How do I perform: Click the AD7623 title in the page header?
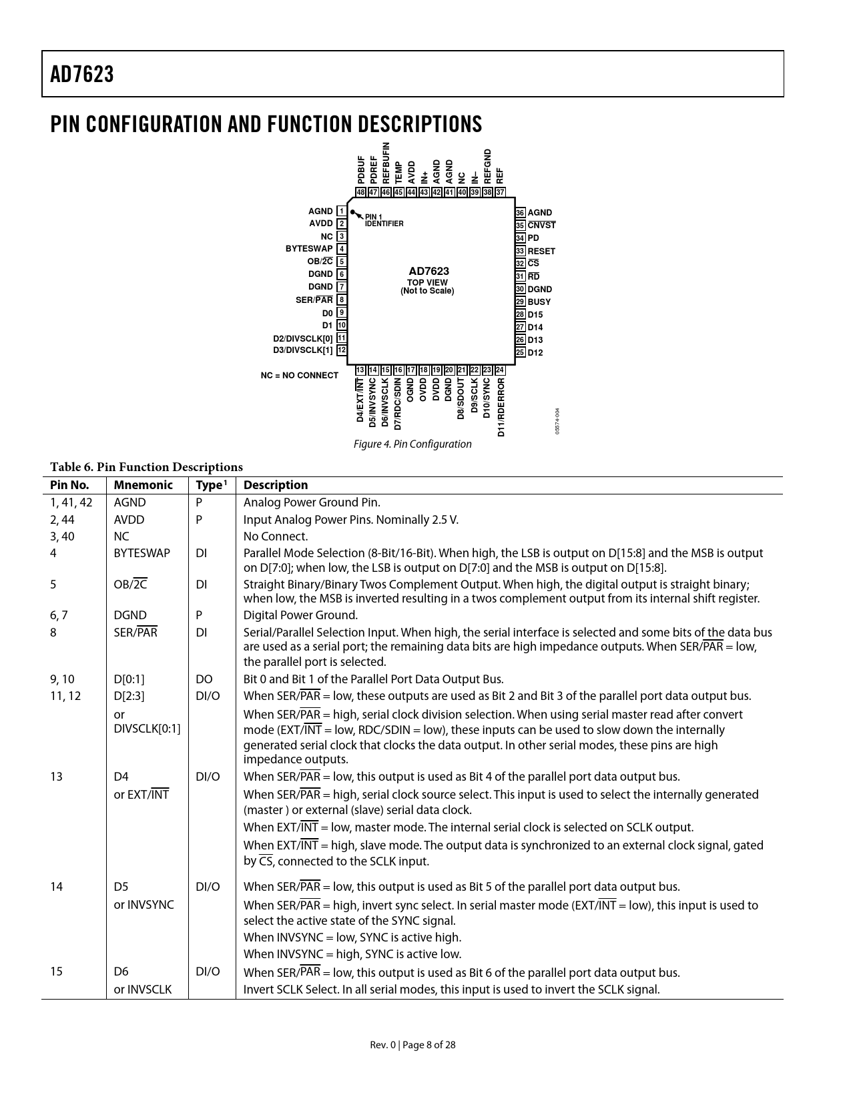click(x=82, y=75)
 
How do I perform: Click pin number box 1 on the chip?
click(x=342, y=212)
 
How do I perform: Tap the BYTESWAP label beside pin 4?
click(x=309, y=249)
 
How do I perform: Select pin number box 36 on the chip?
click(x=520, y=213)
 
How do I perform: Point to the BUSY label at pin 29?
click(x=539, y=302)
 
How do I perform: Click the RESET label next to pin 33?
click(x=541, y=252)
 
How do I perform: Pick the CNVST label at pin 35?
click(x=541, y=226)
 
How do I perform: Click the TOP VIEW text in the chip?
click(x=427, y=283)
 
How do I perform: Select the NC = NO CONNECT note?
click(x=299, y=376)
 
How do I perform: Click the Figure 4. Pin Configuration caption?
click(x=412, y=444)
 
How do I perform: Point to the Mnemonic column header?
click(x=143, y=486)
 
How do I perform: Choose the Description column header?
click(x=276, y=486)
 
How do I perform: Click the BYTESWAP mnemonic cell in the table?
click(x=141, y=553)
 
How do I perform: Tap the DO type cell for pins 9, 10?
click(x=204, y=679)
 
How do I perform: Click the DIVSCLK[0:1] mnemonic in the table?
click(x=147, y=729)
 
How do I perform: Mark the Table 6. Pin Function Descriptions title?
click(x=146, y=467)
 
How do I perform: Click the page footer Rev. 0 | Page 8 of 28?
click(x=412, y=1045)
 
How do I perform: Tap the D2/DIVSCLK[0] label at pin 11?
click(x=302, y=338)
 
